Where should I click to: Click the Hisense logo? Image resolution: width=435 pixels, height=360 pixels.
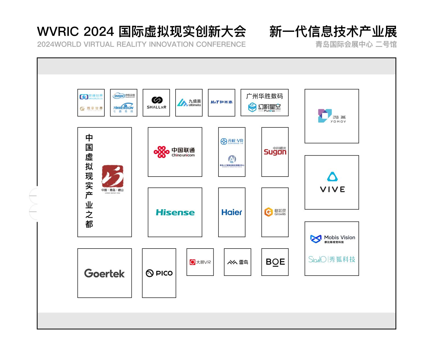pyautogui.click(x=175, y=212)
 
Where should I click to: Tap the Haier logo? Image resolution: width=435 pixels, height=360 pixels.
pyautogui.click(x=232, y=212)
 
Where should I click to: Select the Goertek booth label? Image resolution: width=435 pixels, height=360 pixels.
pyautogui.click(x=104, y=273)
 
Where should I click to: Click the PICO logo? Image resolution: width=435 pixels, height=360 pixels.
pyautogui.click(x=159, y=273)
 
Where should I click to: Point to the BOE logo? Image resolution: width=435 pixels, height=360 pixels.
pyautogui.click(x=275, y=262)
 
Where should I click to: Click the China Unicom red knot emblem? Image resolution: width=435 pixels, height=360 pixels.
pyautogui.click(x=161, y=152)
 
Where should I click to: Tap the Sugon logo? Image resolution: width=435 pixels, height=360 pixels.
pyautogui.click(x=275, y=152)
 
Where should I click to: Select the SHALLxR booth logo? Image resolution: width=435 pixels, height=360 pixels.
pyautogui.click(x=156, y=103)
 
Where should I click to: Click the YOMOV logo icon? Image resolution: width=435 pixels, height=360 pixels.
pyautogui.click(x=325, y=116)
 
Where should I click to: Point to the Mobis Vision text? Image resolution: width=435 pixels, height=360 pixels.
pyautogui.click(x=339, y=237)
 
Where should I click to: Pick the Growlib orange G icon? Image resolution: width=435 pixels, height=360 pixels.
pyautogui.click(x=268, y=212)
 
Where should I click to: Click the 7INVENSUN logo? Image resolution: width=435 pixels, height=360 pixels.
pyautogui.click(x=123, y=108)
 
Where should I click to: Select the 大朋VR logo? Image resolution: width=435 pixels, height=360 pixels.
pyautogui.click(x=200, y=262)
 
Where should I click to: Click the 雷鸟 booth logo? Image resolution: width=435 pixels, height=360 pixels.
pyautogui.click(x=238, y=262)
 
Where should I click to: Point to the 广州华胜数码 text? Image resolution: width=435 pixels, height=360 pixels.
pyautogui.click(x=264, y=96)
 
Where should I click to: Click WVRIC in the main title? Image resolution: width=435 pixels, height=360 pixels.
pyautogui.click(x=58, y=31)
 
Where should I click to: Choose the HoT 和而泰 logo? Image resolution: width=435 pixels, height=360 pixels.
pyautogui.click(x=221, y=102)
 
